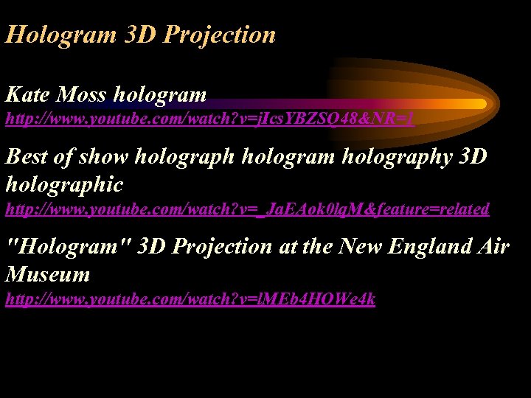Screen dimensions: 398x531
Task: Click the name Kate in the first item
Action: pos(27,94)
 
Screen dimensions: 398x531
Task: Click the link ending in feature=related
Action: pos(247,209)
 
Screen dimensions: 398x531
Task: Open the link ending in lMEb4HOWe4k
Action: pos(190,299)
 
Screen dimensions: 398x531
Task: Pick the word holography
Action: pos(397,158)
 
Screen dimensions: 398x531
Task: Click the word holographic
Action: pos(64,184)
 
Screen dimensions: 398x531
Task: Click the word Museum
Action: pos(48,274)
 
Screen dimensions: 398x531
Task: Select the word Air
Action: pos(493,246)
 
